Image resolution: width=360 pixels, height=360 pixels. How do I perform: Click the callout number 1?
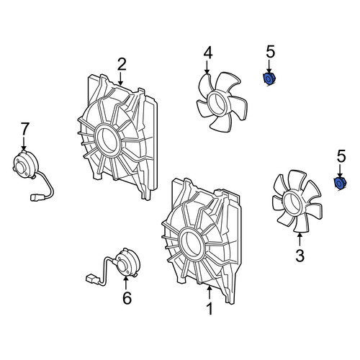tap(210, 309)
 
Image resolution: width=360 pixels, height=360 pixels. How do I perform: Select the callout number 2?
tap(122, 64)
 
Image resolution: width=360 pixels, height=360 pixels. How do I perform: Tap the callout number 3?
tap(300, 256)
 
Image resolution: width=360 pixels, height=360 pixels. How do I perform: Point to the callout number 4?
tap(208, 53)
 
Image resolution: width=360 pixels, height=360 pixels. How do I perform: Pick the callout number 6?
tap(127, 298)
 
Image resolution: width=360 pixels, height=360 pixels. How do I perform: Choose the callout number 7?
tap(25, 129)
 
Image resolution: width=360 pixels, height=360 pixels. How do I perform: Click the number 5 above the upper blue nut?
tap(271, 52)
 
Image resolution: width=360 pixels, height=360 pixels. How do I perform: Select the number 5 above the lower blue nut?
tap(341, 156)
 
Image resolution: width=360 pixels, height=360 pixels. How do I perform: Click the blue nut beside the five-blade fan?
tap(269, 78)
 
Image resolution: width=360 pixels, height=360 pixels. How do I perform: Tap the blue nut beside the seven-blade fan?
tap(341, 184)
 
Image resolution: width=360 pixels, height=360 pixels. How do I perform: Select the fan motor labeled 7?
tap(25, 164)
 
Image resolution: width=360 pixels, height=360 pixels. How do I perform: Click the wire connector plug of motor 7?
tap(35, 198)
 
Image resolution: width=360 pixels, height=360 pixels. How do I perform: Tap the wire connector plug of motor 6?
tap(91, 279)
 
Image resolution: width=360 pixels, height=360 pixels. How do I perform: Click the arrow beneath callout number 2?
tap(120, 78)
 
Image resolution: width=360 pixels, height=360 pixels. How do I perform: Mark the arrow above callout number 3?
tap(300, 240)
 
